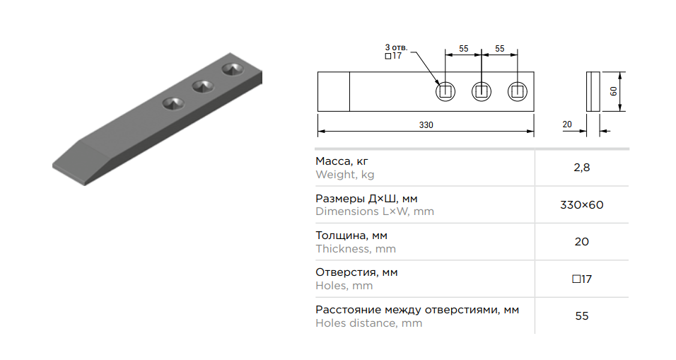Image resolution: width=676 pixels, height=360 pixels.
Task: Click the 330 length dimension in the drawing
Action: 426,125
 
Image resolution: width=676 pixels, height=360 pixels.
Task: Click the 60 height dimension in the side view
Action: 613,91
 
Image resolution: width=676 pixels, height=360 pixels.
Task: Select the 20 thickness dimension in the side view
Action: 567,124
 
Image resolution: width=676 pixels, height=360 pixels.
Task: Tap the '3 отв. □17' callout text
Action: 396,52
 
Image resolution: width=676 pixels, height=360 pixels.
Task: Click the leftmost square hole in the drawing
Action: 445,91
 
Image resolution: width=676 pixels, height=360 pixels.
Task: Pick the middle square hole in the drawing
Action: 482,91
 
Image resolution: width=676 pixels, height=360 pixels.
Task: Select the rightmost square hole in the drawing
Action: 518,91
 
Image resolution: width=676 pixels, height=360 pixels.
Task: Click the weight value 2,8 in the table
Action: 581,168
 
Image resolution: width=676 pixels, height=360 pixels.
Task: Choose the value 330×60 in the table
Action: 581,205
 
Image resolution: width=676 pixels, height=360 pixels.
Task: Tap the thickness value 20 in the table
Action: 581,242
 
